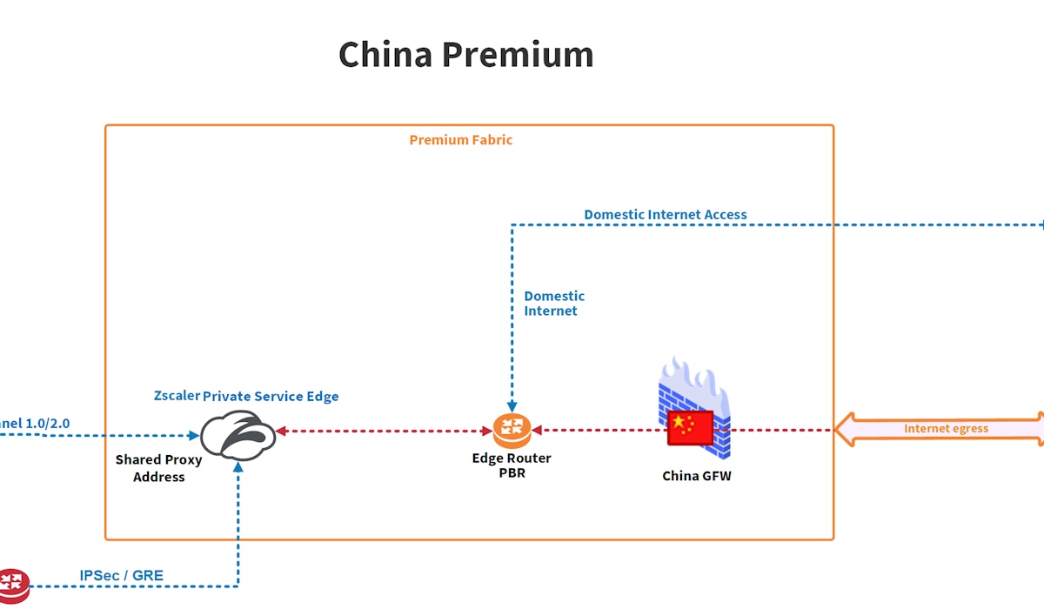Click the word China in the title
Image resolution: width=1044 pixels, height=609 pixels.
point(385,54)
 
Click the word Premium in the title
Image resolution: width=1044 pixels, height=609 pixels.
point(518,54)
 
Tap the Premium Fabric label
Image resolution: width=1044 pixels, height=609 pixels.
point(461,139)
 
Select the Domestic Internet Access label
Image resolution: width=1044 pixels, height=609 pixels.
point(666,214)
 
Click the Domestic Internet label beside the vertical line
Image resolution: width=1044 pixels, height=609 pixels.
point(553,304)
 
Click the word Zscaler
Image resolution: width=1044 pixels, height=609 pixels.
point(177,396)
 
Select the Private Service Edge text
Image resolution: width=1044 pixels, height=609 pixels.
point(271,396)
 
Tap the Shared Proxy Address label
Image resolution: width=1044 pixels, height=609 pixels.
point(159,468)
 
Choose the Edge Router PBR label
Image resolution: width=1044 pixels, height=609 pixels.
point(512,465)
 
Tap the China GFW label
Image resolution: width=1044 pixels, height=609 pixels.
point(697,476)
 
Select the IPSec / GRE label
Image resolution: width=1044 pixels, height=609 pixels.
point(121,575)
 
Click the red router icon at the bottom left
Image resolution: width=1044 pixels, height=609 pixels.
point(12,584)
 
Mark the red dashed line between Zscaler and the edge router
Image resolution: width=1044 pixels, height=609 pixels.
point(383,431)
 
